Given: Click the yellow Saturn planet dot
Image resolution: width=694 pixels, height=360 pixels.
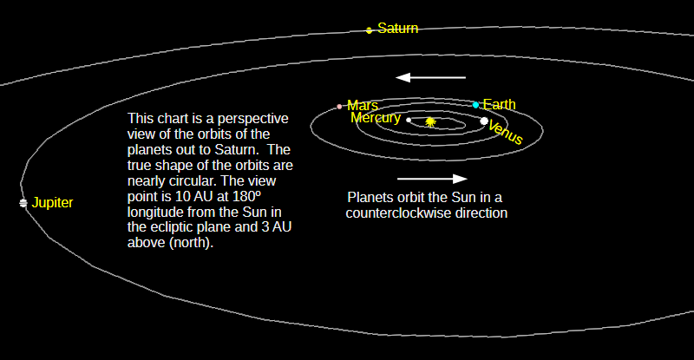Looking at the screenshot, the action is [x=370, y=30].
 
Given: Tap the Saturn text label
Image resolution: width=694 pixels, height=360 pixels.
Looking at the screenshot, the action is [x=397, y=29].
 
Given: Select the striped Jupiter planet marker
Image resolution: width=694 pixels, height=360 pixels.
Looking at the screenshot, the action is [x=23, y=203].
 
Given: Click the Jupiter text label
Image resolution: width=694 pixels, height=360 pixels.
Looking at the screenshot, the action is [x=52, y=202].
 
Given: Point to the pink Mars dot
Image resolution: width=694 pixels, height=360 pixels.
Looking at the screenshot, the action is [x=339, y=107].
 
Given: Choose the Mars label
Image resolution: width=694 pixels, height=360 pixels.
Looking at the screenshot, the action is [x=363, y=105].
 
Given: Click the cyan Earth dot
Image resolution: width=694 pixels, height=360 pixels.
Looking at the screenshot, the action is [x=475, y=105].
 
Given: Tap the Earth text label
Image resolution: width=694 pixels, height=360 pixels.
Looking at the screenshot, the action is [x=500, y=104].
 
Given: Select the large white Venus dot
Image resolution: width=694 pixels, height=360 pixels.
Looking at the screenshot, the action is [x=484, y=121].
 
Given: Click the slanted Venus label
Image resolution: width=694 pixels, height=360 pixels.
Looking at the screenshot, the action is [x=506, y=133].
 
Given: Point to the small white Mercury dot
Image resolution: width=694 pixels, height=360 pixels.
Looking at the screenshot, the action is [x=409, y=120].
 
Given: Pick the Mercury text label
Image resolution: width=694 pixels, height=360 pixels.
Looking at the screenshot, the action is [x=376, y=118].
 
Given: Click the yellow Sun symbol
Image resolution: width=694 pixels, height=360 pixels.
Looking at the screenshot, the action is [x=430, y=121].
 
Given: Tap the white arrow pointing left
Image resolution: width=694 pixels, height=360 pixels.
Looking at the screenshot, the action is [x=430, y=77].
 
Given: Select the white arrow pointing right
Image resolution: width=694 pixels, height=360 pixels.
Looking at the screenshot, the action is [x=432, y=179].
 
